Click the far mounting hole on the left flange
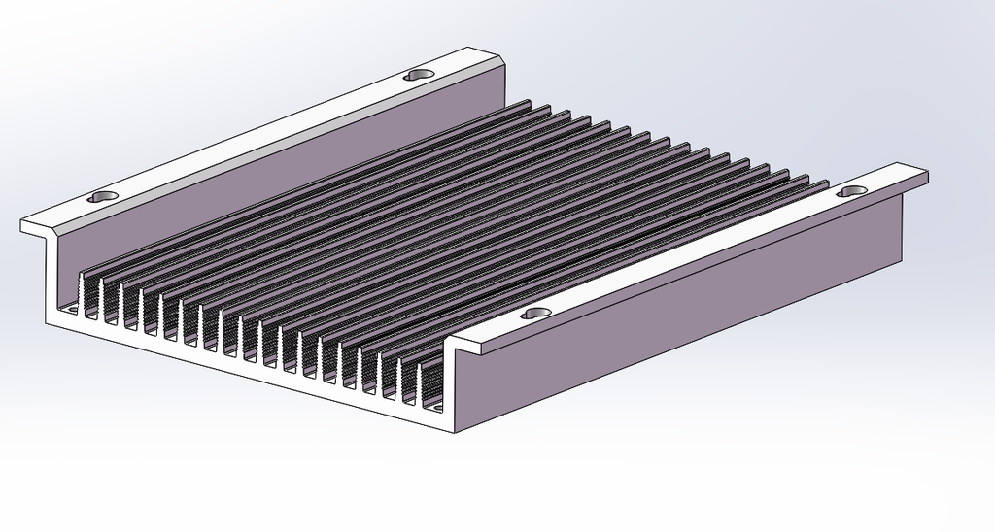(x=419, y=74)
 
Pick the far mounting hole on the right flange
(x=853, y=191)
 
